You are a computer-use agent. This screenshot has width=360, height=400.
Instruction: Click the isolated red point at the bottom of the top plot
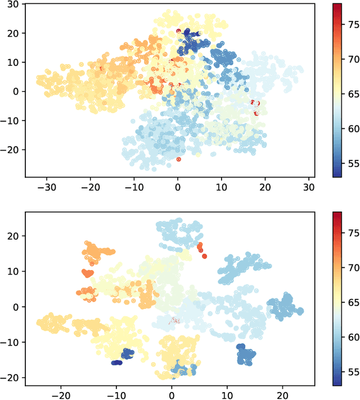[x=178, y=159]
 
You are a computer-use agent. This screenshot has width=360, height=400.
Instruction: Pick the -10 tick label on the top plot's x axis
[x=133, y=186]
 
